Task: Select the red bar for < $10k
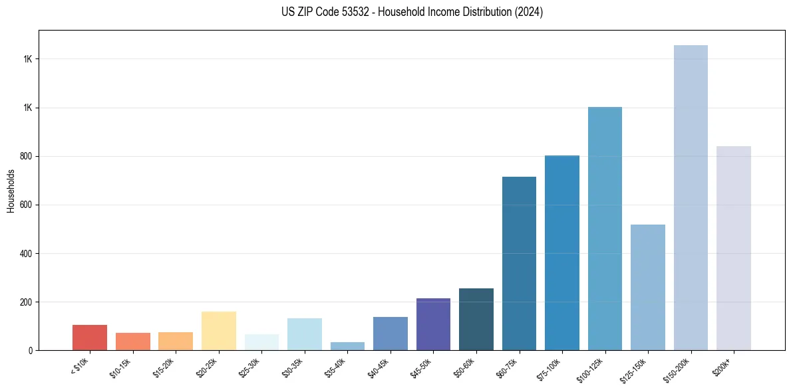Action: pos(90,338)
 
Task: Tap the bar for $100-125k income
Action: pos(605,229)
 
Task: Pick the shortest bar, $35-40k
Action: pos(347,346)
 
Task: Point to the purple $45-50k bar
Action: pos(433,324)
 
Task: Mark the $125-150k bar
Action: pos(648,287)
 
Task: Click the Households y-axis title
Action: pos(11,191)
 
